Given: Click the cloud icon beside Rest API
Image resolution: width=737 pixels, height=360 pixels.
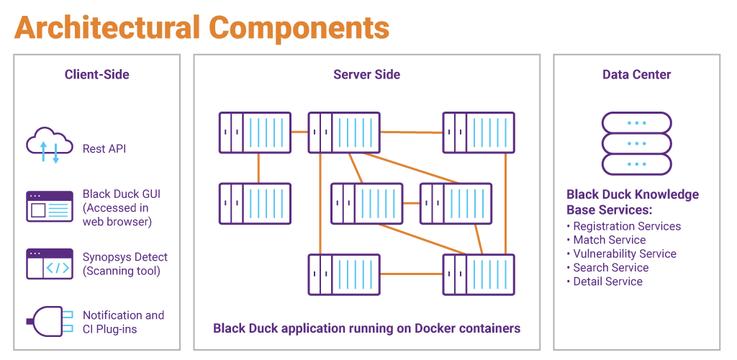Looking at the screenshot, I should coord(50,146).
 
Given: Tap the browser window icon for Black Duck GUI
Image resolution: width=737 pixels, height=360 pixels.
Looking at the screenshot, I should coord(50,206).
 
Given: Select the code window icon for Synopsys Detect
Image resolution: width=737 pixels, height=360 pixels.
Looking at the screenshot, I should coord(50,264).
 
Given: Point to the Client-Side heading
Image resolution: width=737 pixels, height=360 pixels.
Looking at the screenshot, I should coord(97,74).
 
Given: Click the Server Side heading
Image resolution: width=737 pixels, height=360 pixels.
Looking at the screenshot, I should coord(366,74).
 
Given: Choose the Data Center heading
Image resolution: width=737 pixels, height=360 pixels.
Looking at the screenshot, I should coord(636,74).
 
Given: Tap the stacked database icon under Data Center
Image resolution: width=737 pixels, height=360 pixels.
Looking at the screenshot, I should coord(636,143).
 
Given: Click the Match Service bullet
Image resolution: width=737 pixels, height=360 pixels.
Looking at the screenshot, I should coord(609,240).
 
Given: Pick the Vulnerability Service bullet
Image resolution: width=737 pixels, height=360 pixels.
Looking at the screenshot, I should coord(624,253).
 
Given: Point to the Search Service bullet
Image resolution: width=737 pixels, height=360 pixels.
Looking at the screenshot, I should coord(610,267).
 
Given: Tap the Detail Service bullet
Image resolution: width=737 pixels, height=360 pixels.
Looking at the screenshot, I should coord(607,281).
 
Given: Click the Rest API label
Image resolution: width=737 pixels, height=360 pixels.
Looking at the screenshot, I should coord(104,149).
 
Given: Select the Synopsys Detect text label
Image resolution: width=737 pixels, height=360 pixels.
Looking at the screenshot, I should coord(125,257).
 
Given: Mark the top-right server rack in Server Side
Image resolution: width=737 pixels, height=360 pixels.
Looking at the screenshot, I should coord(478,132).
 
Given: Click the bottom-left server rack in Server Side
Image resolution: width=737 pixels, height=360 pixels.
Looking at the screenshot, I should coord(344,274).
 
